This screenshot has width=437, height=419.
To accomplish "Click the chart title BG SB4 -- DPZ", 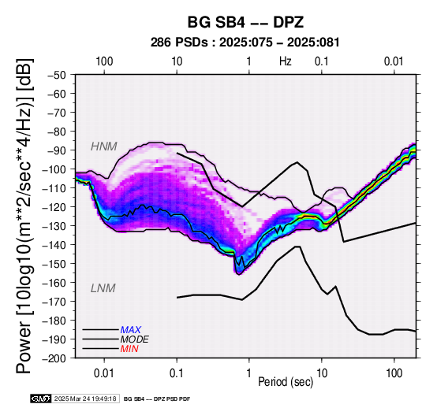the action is [245, 22].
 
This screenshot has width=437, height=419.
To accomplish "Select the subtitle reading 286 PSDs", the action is [179, 43].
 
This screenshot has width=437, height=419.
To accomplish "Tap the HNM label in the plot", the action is [103, 146].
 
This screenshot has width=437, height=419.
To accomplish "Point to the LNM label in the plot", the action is [103, 288].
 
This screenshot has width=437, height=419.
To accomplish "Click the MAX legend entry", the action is [130, 330].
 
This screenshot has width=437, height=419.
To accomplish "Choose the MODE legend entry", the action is [134, 339].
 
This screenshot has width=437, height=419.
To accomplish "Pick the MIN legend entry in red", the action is [129, 349].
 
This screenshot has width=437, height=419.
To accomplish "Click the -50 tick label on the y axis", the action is [57, 75].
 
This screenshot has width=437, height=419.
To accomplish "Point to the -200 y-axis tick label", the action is [54, 358].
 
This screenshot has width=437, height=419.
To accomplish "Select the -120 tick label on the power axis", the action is [54, 207].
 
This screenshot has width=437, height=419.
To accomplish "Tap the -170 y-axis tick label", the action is [54, 302].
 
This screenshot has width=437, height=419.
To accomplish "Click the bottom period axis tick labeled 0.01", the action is [104, 373].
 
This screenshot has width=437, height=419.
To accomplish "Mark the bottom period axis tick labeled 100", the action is [394, 373].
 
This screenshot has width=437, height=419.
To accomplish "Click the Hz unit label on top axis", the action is [285, 61].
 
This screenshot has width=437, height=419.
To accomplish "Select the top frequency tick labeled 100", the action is [104, 61].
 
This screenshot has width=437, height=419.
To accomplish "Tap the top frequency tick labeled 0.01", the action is [394, 61].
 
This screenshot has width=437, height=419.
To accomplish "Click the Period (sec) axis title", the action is [286, 382].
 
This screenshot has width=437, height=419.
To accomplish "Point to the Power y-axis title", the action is [24, 216].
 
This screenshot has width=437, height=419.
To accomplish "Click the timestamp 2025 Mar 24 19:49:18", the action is [85, 399].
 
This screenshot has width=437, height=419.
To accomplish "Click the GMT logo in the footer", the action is [41, 399].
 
